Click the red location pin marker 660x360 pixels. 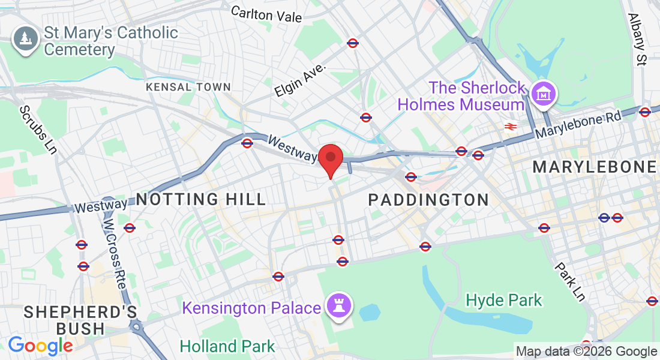click(x=330, y=159)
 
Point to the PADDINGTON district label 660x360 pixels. click(x=428, y=200)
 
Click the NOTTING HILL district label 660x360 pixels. click(x=200, y=199)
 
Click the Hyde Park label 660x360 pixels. click(x=504, y=300)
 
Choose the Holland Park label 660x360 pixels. click(x=227, y=346)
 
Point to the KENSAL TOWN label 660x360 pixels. click(x=188, y=87)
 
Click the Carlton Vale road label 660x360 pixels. click(x=266, y=14)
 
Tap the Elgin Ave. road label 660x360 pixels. click(x=300, y=81)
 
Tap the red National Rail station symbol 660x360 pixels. click(x=511, y=126)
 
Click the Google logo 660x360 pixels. click(x=40, y=346)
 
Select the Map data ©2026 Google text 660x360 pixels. click(x=586, y=352)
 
